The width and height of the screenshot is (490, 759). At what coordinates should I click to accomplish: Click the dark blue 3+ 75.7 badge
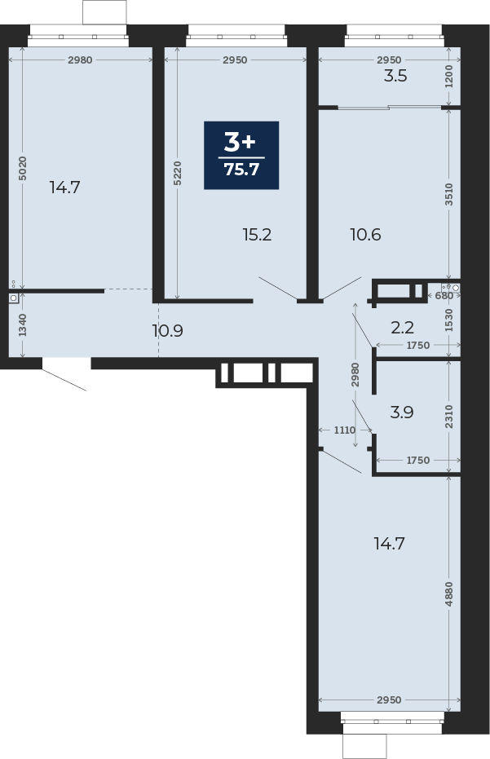tap(241, 155)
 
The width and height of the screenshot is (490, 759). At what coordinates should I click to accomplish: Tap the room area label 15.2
tap(257, 235)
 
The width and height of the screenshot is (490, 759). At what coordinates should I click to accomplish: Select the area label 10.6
tap(365, 235)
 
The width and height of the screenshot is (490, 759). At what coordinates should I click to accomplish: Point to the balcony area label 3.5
tap(395, 76)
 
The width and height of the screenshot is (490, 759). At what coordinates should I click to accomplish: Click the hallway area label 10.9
tap(167, 331)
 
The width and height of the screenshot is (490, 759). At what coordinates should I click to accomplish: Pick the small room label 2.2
tap(403, 328)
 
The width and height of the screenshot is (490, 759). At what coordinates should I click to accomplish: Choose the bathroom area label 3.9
tap(402, 413)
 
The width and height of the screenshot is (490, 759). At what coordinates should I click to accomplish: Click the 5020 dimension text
tap(23, 169)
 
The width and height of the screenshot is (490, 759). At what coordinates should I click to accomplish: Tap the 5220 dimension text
tap(178, 174)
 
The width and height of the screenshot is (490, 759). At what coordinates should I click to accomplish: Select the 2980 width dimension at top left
tap(81, 60)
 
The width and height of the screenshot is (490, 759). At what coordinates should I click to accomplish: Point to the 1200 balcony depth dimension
tap(449, 76)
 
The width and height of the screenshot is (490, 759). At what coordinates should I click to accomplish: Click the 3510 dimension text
tap(449, 194)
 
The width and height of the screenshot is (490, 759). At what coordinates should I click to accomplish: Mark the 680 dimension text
tap(444, 295)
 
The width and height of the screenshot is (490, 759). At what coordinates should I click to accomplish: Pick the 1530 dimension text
tap(449, 320)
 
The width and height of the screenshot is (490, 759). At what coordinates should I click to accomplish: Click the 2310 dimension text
tap(449, 417)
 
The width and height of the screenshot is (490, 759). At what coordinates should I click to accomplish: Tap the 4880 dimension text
tap(449, 594)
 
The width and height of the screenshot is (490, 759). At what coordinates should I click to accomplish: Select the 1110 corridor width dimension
tap(345, 430)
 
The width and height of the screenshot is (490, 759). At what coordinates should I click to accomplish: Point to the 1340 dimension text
tap(23, 325)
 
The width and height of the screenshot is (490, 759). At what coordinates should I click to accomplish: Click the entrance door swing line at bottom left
tap(64, 380)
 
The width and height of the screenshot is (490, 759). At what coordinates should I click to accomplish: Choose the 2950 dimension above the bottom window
tap(389, 699)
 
